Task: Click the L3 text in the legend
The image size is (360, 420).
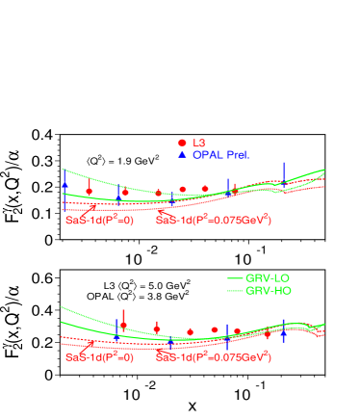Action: click(x=199, y=143)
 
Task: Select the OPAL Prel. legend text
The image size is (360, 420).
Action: click(x=220, y=154)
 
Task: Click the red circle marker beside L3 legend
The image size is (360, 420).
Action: click(x=181, y=143)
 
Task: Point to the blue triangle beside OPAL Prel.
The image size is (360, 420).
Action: click(x=181, y=154)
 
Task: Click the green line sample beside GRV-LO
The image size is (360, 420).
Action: click(x=234, y=277)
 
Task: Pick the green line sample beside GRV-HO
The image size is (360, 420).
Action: click(x=234, y=290)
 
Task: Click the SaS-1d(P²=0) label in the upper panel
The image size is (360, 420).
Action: click(x=99, y=220)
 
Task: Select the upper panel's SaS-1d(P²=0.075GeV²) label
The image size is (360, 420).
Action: click(x=213, y=220)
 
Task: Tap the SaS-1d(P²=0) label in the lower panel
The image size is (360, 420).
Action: click(x=99, y=357)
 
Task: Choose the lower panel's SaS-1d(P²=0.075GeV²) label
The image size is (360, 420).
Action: click(x=213, y=357)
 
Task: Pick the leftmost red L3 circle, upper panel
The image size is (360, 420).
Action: click(x=90, y=191)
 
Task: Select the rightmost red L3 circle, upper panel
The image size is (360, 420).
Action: click(x=234, y=192)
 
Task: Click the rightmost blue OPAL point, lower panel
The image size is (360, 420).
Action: click(x=283, y=333)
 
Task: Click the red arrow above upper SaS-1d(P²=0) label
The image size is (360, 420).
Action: click(x=91, y=207)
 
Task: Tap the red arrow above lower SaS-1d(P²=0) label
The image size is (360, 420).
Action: click(x=90, y=345)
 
